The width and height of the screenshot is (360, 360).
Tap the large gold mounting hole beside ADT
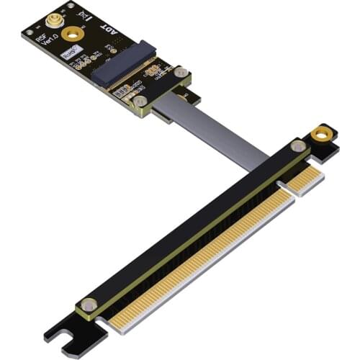pyautogui.click(x=71, y=33)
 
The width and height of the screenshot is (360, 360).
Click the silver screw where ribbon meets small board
pyautogui.click(x=138, y=102)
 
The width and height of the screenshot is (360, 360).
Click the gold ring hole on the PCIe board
pyautogui.click(x=324, y=134)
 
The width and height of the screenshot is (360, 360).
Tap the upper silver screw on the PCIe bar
pyautogui.click(x=295, y=146)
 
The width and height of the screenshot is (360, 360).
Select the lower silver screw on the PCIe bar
pyautogui.click(x=89, y=305)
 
